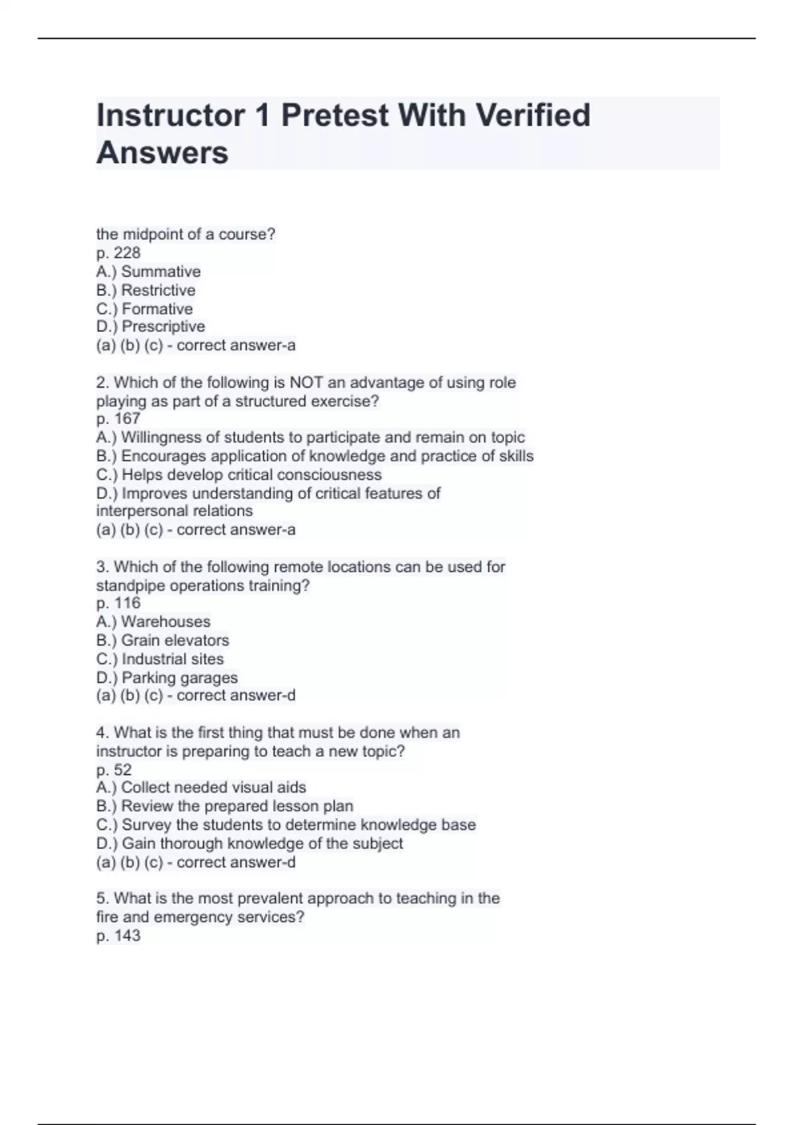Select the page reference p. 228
pos(118,253)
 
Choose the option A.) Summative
pos(148,271)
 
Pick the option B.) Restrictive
pos(146,290)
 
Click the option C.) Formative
pos(144,309)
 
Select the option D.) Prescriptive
pos(150,327)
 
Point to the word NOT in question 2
pos(306,382)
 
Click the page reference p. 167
pos(118,419)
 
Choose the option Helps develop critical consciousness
pos(239,474)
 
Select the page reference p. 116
pos(118,603)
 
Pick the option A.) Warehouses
pos(153,621)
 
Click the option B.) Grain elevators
pos(162,640)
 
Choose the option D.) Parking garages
pos(167,678)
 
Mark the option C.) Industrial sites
pos(159,659)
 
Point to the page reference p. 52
pos(114,770)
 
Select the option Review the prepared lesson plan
pos(224,806)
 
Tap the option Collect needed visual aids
pos(201,787)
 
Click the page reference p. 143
pos(118,936)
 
